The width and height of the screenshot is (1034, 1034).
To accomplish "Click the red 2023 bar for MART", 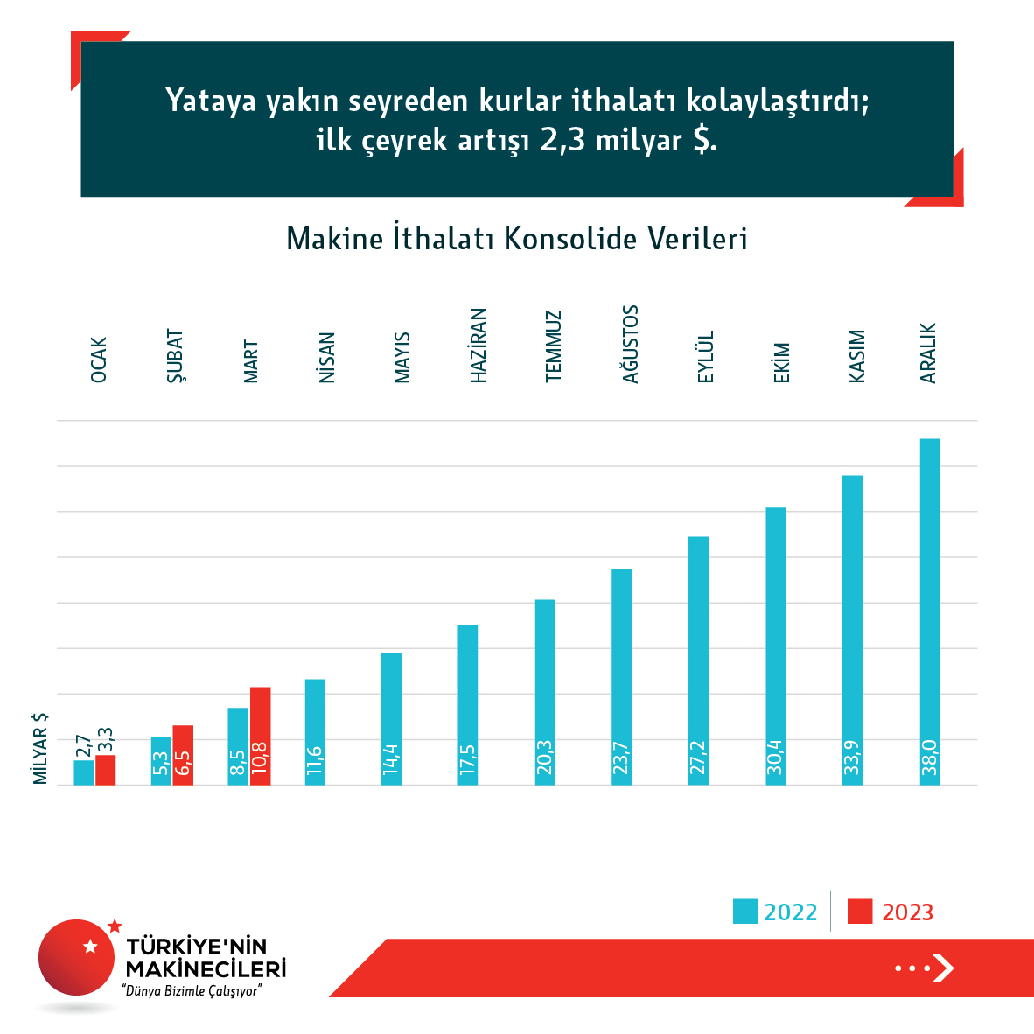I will (260, 735).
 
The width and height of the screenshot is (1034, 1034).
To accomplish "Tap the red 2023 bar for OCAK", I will (106, 770).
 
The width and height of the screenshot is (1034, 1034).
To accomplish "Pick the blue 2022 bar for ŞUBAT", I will (161, 760).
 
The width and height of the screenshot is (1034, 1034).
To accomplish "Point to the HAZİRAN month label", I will (479, 345).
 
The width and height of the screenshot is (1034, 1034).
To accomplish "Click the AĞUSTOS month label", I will (631, 344).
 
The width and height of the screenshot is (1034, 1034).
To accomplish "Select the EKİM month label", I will (782, 362).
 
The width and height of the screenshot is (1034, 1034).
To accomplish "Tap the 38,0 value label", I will (930, 758).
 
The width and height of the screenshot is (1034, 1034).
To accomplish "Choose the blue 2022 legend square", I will (745, 912).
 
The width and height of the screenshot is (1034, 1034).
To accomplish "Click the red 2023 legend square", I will (860, 912).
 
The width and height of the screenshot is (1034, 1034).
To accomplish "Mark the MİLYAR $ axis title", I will (40, 749).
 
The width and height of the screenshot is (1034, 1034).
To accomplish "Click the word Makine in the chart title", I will (335, 239).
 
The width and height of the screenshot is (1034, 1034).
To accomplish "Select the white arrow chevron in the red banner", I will (944, 968).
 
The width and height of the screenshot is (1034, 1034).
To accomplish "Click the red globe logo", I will (76, 957).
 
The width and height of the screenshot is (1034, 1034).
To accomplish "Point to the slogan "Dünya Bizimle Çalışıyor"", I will (192, 991).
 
